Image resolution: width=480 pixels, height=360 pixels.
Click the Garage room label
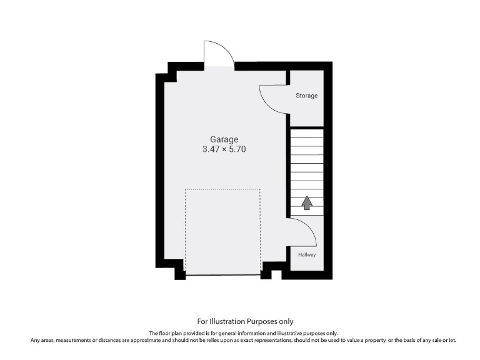[x=224, y=139]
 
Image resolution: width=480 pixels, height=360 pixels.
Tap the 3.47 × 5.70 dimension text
[x=224, y=150]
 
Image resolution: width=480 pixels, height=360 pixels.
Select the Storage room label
[x=306, y=96]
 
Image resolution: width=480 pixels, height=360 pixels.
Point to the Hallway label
[x=306, y=255]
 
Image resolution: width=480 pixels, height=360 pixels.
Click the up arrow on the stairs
[x=306, y=202]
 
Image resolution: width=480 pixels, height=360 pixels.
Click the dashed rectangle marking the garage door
[x=222, y=231]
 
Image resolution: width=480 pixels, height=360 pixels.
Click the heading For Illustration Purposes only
[x=245, y=321]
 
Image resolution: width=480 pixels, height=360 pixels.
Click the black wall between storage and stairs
[x=306, y=126]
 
